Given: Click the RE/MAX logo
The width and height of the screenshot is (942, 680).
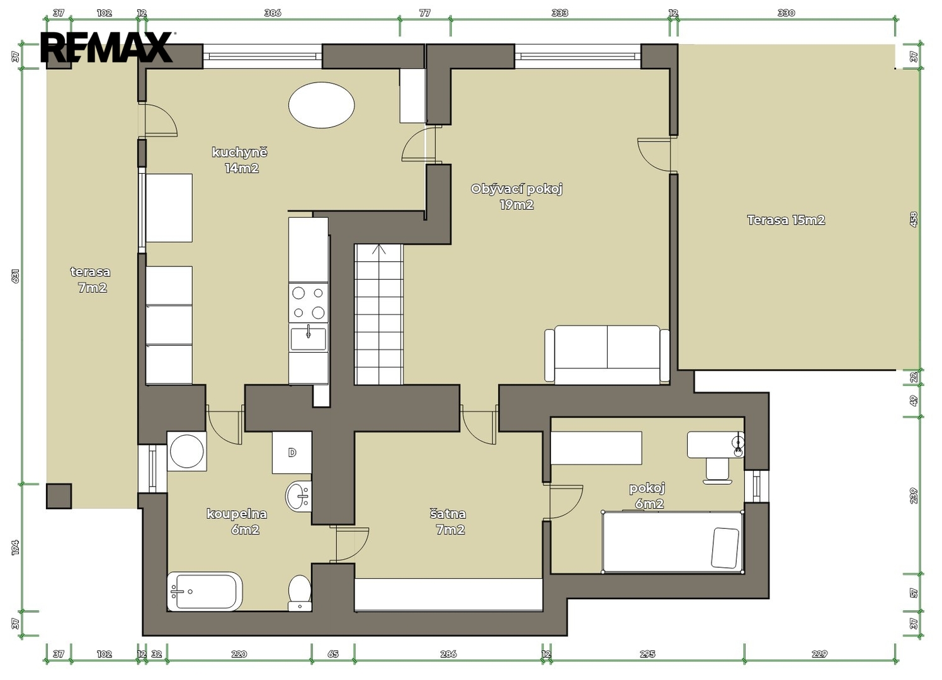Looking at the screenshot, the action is [107, 47].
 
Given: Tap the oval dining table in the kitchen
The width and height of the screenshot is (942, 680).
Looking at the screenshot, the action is [322, 105].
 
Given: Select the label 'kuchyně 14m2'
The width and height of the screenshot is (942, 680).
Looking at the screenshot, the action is [240, 160].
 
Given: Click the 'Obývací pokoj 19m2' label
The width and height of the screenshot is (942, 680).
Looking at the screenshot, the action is [517, 197].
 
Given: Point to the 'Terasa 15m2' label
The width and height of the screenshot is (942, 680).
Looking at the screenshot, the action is [786, 220].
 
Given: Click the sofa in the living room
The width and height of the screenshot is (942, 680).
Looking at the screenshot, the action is [607, 354].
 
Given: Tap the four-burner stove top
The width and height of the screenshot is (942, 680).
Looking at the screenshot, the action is [309, 303].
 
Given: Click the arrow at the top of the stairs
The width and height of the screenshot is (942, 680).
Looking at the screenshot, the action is [379, 250].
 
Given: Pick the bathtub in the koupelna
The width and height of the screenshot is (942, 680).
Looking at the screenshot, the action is [205, 591].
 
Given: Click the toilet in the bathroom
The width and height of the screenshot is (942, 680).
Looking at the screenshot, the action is [300, 593].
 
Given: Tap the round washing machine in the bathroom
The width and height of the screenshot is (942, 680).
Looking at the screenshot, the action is [187, 451].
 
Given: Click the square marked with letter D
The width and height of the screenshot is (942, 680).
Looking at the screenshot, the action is [292, 453].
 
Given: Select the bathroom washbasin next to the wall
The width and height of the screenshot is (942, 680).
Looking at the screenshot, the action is [298, 496].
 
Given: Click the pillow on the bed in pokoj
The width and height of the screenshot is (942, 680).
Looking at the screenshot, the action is [725, 548].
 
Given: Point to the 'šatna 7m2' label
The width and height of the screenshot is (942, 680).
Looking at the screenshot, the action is [449, 521].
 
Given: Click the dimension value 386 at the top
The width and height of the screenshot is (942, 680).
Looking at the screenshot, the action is [273, 13].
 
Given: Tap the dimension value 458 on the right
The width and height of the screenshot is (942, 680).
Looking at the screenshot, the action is [914, 220].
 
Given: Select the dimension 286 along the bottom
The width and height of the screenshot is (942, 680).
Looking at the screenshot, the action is [448, 654].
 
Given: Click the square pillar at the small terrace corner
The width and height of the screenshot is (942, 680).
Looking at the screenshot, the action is [59, 496].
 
